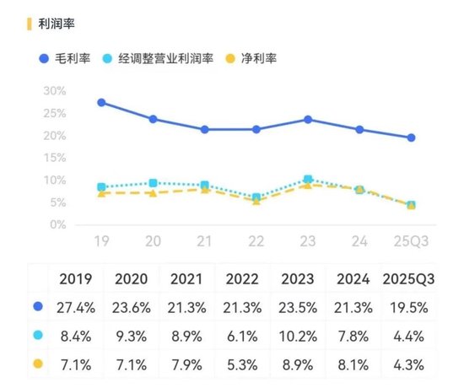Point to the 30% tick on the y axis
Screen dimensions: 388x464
coord(54,90)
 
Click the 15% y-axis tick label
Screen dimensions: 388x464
coord(54,158)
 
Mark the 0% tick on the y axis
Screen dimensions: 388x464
coord(57,225)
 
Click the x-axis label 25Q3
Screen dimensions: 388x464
coord(411,241)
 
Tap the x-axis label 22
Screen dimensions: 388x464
coord(256,241)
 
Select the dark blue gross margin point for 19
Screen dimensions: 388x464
coord(101,102)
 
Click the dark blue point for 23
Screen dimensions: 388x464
coord(308,120)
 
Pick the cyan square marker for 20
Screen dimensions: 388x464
coord(153,183)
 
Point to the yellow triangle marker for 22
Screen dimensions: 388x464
coord(256,201)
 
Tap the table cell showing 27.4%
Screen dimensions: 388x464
coord(77,309)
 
